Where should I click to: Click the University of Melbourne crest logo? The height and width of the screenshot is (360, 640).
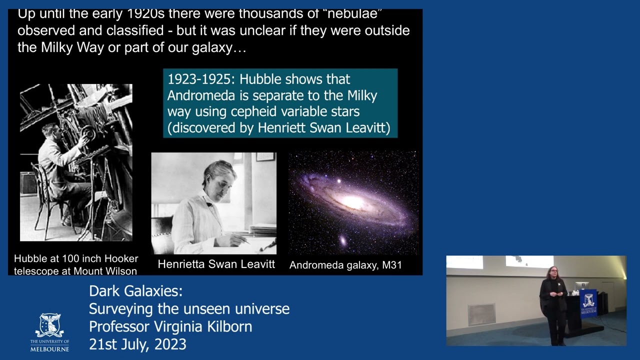[x=49, y=325]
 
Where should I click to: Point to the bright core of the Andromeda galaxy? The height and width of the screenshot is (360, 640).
[x=353, y=202]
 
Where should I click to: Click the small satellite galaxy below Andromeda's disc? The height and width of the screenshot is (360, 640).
[x=343, y=240]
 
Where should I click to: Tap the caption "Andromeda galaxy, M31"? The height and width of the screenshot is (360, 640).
[x=345, y=265]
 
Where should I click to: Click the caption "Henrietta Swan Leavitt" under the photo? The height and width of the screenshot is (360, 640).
[x=216, y=264]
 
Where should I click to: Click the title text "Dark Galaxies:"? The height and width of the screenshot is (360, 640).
[x=135, y=291]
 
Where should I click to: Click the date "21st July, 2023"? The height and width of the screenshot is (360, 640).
[x=137, y=344]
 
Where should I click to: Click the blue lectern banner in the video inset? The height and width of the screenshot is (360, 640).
[x=588, y=303]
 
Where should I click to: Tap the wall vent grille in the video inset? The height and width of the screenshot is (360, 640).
[x=481, y=313]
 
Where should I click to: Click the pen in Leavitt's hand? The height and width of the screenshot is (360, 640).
[x=244, y=239]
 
